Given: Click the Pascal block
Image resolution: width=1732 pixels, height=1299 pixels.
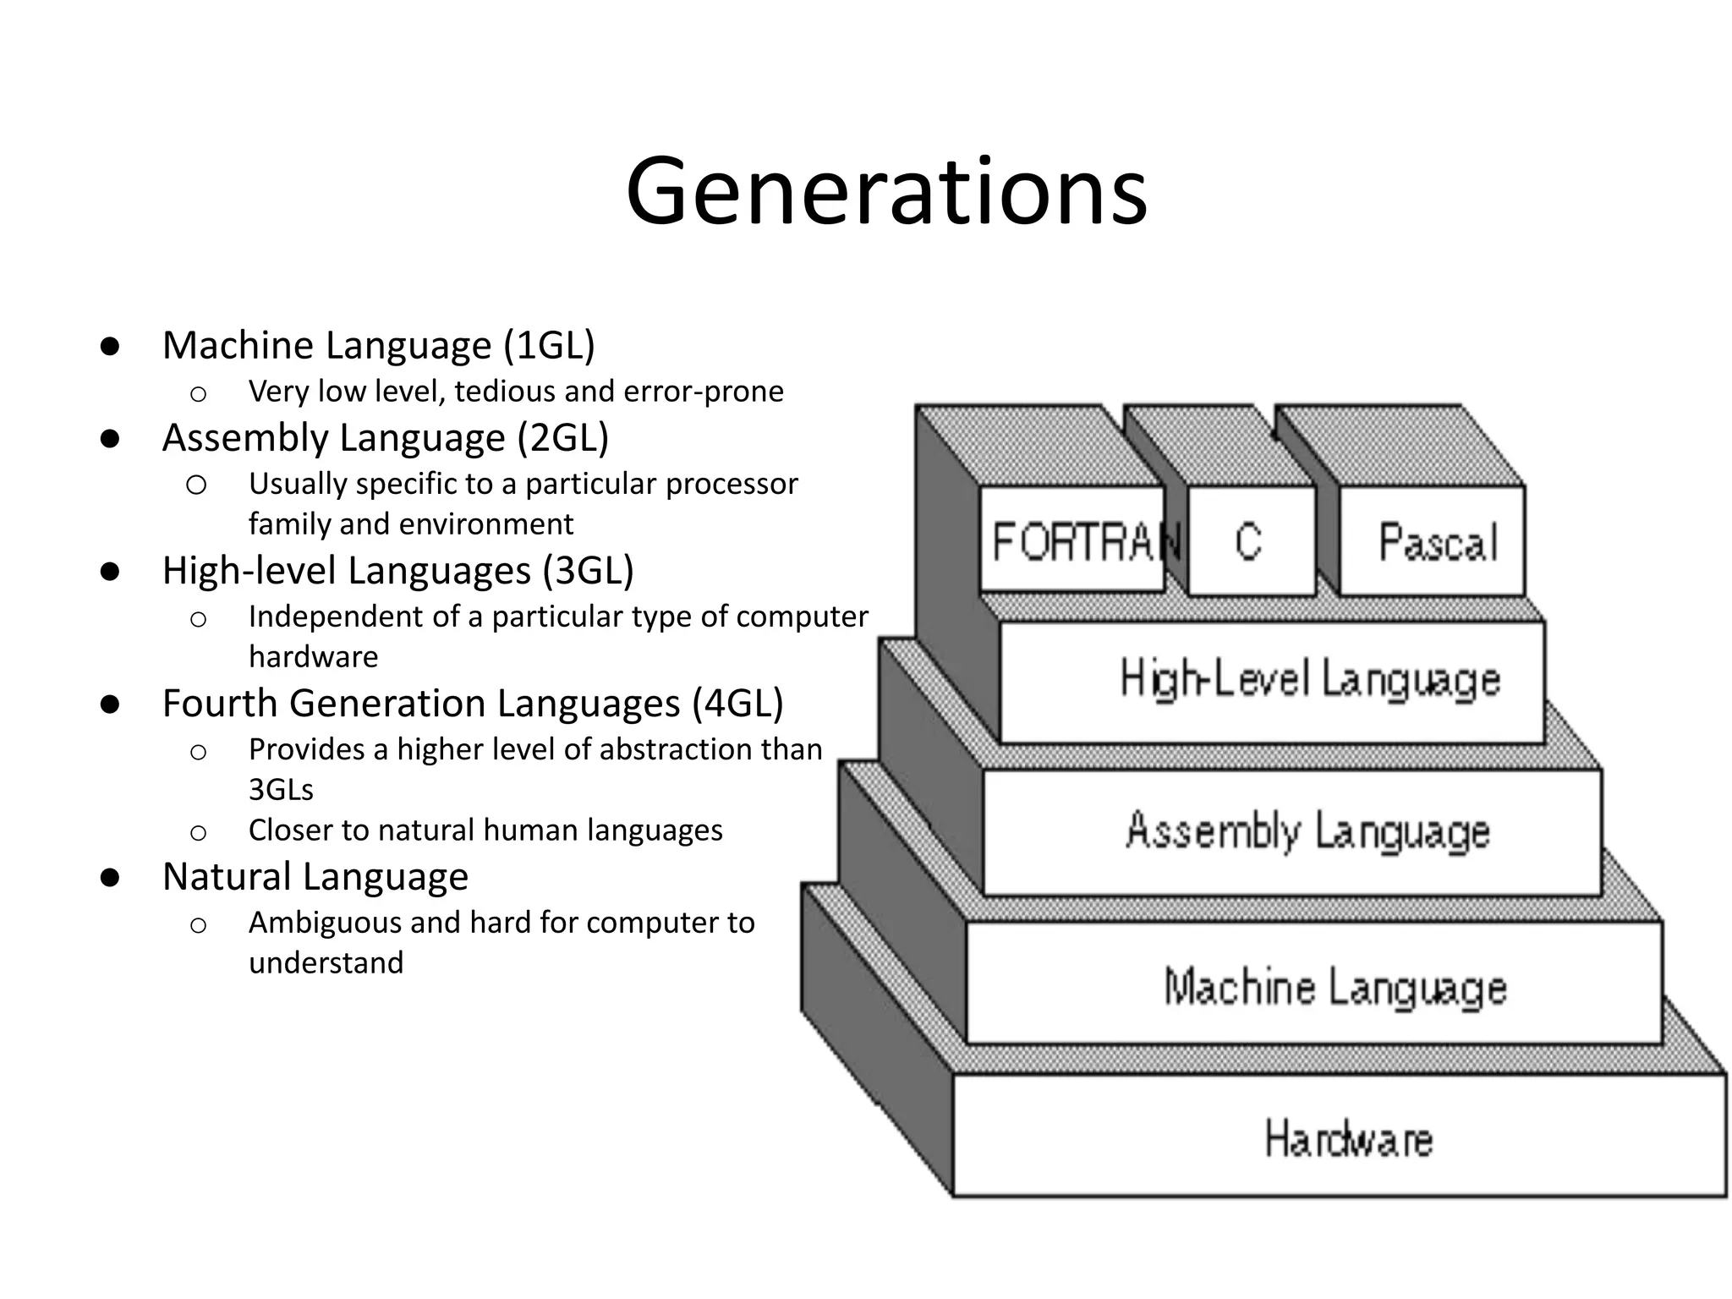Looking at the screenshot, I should pos(1437,542).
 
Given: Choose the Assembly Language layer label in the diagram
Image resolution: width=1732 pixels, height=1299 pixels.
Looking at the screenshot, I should pos(1307,831).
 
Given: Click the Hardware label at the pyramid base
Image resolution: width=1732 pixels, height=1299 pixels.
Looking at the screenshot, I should pos(1348,1138).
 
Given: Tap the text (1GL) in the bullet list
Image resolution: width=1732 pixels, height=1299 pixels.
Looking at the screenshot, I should pos(549,346).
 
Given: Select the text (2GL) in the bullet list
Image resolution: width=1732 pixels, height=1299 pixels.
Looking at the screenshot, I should pos(562,438).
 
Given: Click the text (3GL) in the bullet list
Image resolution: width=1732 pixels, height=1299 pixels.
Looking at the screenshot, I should pos(588,571).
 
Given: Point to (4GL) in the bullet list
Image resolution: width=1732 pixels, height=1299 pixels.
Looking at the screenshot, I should pos(737,704).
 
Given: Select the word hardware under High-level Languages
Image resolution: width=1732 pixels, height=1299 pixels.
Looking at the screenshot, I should pos(313,657).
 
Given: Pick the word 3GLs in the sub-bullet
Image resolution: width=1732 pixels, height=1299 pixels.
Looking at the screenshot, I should pos(281,790).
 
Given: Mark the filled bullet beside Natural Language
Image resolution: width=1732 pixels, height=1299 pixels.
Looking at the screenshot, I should pos(109,878).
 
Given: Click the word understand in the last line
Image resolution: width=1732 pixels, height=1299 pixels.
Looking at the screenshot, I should pos(326,963).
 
